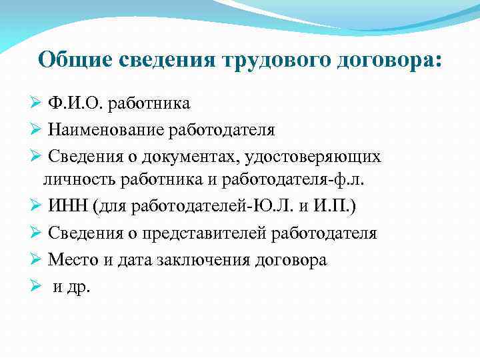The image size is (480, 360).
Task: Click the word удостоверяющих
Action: (313, 156)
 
